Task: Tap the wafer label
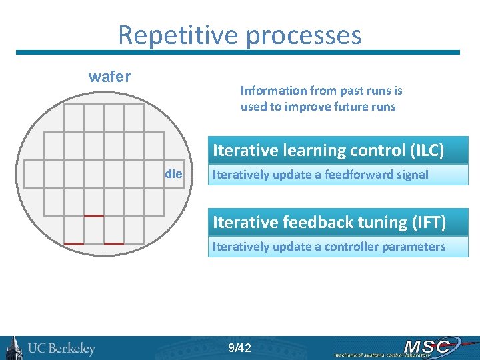click(109, 77)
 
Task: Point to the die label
click(173, 174)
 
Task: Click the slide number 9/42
click(239, 348)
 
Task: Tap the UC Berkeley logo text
click(61, 349)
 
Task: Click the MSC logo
click(427, 346)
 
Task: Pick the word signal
click(411, 175)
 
